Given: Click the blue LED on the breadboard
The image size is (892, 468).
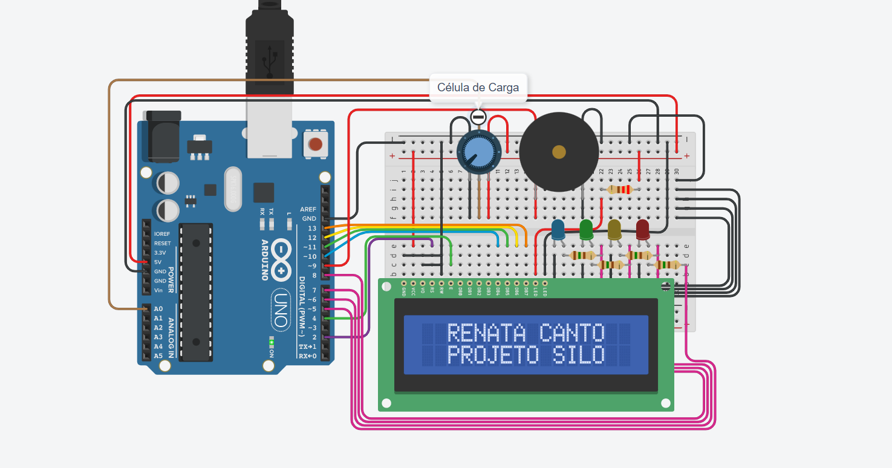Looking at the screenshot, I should click(558, 229).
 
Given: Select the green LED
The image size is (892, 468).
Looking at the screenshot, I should click(585, 229).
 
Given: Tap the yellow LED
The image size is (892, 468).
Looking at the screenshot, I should click(614, 230).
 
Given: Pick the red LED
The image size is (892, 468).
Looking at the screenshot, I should click(642, 230).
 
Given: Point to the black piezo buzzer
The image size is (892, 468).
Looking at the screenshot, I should click(559, 152).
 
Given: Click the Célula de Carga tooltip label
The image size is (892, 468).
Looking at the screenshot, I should click(478, 88).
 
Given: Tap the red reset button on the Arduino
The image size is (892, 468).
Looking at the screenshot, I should click(315, 145).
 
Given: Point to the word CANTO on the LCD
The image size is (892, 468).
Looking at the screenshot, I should click(571, 333).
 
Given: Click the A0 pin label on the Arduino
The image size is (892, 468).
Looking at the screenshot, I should click(158, 308).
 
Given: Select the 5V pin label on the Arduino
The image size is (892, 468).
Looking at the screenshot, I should click(158, 262).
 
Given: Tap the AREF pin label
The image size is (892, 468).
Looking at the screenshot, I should click(308, 209).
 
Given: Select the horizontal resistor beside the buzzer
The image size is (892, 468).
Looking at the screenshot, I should click(619, 189).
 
